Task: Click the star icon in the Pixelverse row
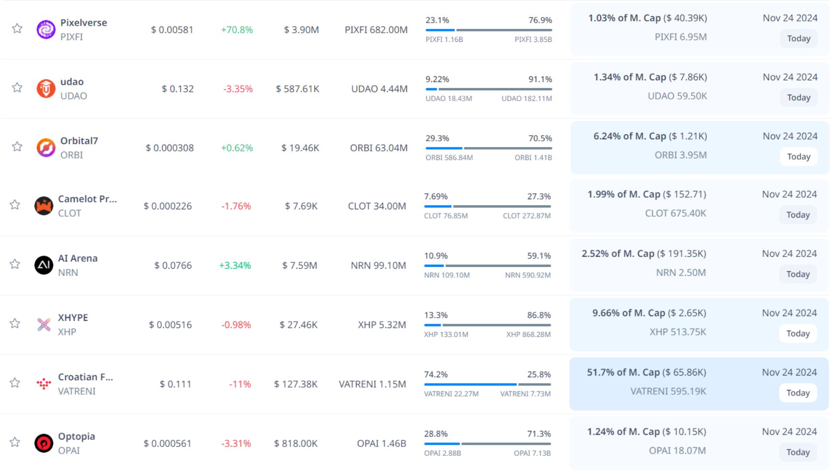point(17,29)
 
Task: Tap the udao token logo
point(46,89)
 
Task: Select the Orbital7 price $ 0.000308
point(170,148)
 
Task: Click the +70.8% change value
point(237,30)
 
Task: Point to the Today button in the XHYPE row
point(798,334)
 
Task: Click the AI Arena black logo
point(44,265)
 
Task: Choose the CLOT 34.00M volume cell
point(377,206)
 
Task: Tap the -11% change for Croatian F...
point(240,384)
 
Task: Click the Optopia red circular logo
point(44,444)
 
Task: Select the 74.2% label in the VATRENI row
point(436,375)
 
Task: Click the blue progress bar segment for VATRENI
point(470,385)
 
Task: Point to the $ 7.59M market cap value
point(299,265)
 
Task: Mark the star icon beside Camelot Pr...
point(15,205)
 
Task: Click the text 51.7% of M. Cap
point(623,372)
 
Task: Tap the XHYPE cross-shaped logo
point(44,324)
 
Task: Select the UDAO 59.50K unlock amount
point(677,96)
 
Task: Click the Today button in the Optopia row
point(798,452)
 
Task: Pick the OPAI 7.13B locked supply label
point(532,453)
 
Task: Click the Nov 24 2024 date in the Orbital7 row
point(790,136)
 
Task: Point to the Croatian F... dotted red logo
point(44,384)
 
